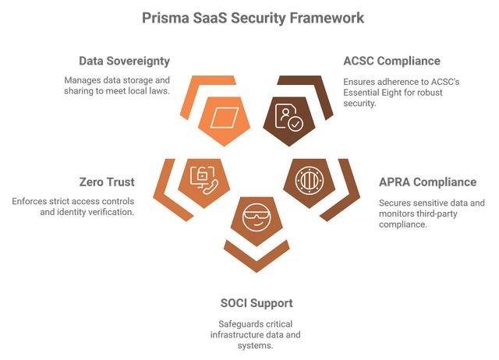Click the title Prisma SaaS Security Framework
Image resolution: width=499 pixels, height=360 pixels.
click(249, 17)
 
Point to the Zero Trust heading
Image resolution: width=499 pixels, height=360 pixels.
click(107, 182)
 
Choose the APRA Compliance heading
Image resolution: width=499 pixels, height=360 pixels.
click(427, 182)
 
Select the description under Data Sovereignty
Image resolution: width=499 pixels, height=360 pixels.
click(117, 85)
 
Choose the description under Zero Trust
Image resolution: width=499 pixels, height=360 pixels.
click(74, 206)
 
